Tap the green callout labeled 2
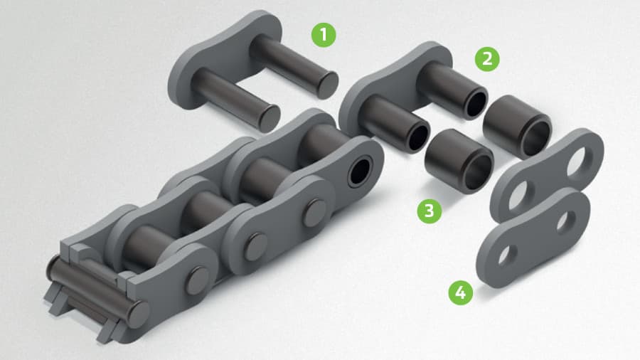coord(487,59)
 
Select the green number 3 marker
coord(429,210)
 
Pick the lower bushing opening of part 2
coord(420,134)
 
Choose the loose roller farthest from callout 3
coord(518,128)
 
